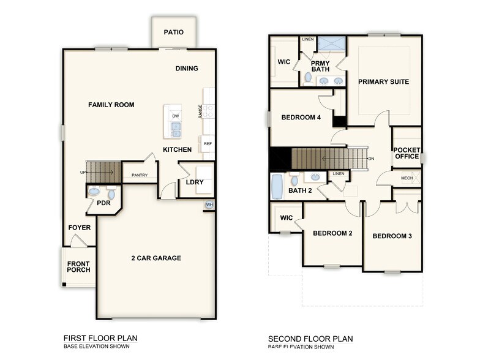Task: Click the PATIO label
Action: point(174,32)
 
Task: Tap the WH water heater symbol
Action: point(209,205)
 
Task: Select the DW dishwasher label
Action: point(176,116)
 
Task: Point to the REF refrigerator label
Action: point(208,144)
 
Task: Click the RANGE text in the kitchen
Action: point(200,111)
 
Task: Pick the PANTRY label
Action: point(140,176)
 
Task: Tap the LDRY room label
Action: point(195,182)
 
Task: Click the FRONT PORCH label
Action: point(78,266)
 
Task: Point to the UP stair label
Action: point(83,173)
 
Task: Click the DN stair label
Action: point(371,159)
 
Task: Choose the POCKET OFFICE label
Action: point(407,153)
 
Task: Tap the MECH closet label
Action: point(407,178)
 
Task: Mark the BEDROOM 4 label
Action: point(301,118)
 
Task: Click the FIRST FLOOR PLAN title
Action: point(100,338)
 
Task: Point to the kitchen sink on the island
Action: point(176,129)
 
